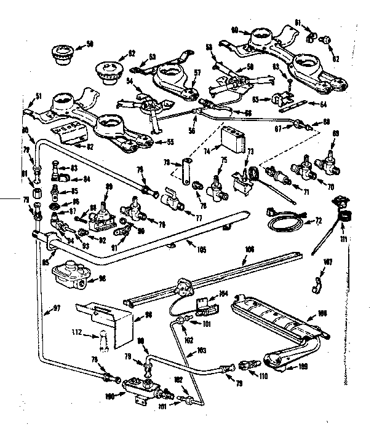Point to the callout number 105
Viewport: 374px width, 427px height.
198,250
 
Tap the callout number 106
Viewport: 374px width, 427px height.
249,249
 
